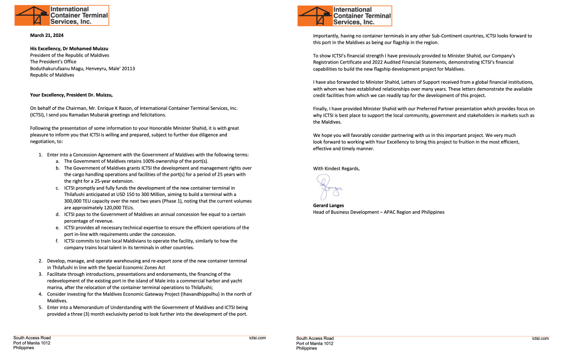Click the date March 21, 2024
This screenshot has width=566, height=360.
tap(47, 35)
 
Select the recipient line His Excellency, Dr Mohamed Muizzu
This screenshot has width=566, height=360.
tap(69, 49)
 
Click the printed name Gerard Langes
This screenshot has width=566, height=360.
tap(328, 205)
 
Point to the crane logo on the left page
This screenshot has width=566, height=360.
tap(32, 15)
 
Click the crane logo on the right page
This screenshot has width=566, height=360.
tap(315, 15)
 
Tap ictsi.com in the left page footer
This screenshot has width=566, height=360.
tap(257, 338)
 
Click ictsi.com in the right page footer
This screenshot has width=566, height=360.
tap(540, 338)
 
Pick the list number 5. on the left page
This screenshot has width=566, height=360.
tap(41, 307)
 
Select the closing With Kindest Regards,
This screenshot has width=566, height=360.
tap(336, 168)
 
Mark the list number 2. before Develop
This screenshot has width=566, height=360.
tap(41, 261)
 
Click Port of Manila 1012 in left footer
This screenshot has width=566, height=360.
tap(31, 343)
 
